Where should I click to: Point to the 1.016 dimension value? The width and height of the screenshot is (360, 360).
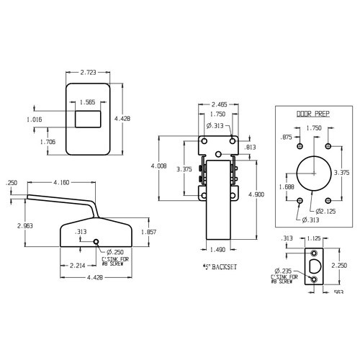coord(35,119)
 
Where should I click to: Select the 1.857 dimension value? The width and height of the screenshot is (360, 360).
coord(149,232)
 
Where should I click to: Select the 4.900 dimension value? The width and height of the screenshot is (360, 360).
coord(257,194)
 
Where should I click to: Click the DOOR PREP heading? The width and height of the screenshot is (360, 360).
coord(312,114)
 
